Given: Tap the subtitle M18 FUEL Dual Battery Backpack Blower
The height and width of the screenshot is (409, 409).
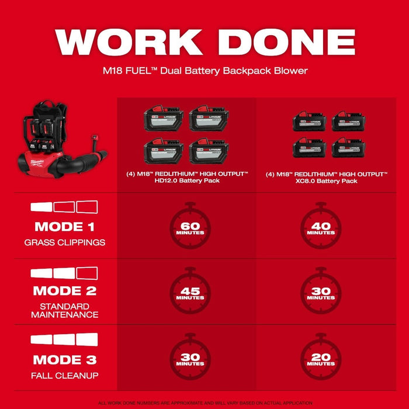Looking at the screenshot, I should tap(204, 71).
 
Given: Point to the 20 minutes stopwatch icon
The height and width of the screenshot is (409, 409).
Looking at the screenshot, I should tap(320, 357).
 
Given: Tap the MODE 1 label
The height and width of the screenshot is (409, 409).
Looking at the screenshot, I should tap(65, 226).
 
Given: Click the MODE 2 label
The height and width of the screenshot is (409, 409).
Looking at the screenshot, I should tap(65, 290).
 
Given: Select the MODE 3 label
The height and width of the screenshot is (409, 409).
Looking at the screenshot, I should tap(65, 359).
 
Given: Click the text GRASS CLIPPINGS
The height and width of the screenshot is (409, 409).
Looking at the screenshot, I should tap(65, 242).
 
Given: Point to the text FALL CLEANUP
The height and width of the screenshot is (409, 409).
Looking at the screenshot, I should tap(65, 375).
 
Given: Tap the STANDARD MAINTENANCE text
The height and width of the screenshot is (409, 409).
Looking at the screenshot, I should tap(65, 310).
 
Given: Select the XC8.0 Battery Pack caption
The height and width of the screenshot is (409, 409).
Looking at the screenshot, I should tap(320, 178).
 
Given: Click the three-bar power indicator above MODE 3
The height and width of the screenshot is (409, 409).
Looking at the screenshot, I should tap(65, 339).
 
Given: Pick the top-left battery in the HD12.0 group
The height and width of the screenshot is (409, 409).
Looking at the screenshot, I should tap(164, 119).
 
